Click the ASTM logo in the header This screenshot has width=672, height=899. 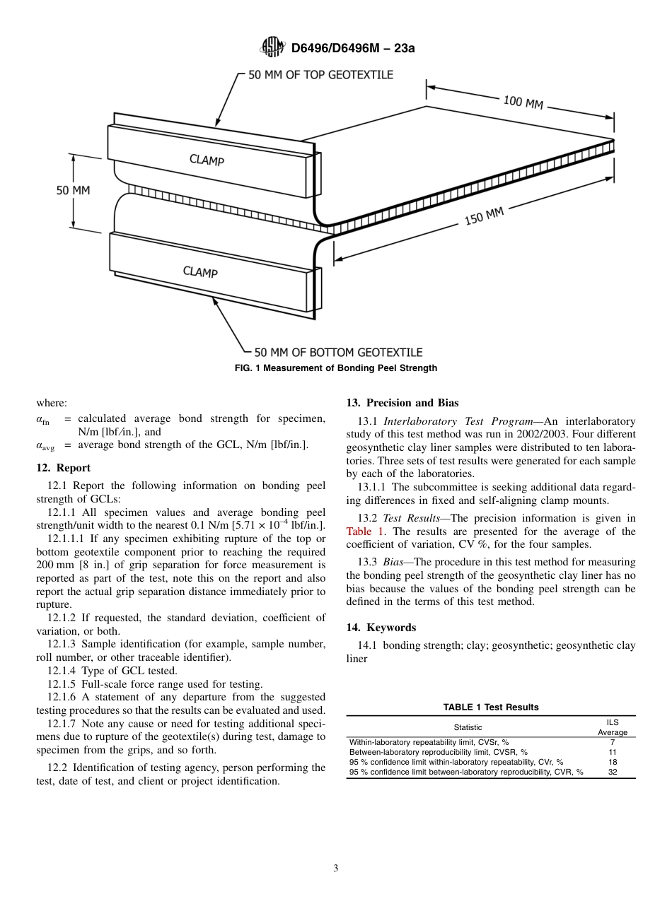tap(272, 47)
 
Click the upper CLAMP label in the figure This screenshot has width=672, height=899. tap(207, 160)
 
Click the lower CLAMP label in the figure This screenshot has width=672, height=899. tap(200, 271)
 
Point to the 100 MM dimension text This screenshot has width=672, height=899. tap(523, 102)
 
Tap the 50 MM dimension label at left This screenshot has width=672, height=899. tap(74, 190)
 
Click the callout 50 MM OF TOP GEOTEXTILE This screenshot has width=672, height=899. tap(320, 74)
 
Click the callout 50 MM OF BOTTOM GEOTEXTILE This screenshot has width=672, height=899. tap(338, 352)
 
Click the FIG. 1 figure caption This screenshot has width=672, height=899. tap(336, 368)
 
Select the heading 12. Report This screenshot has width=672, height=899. tap(63, 468)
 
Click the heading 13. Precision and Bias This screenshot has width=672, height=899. tap(402, 403)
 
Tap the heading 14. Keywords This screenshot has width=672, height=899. tap(381, 628)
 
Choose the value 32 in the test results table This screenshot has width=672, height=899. tap(613, 772)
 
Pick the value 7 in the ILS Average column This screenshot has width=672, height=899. tap(613, 743)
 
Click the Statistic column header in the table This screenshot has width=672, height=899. tap(468, 727)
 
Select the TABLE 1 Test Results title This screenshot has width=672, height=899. tap(491, 707)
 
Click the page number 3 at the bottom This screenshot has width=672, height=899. tap(336, 869)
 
